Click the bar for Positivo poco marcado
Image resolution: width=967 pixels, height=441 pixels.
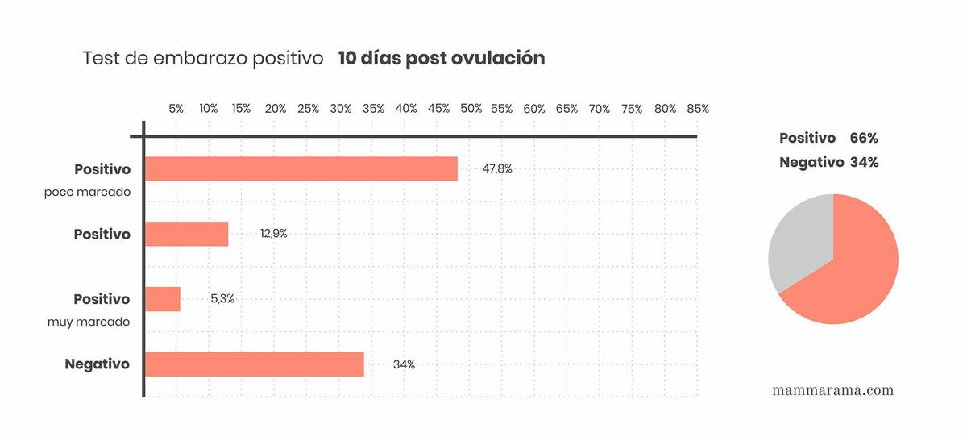point(301,169)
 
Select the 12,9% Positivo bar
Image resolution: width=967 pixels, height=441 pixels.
point(186,234)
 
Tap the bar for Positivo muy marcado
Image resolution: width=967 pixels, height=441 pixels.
point(162,299)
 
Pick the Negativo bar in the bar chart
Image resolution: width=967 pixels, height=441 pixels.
point(254,364)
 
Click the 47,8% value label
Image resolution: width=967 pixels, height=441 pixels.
point(496,169)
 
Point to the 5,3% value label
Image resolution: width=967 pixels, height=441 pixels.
point(222,298)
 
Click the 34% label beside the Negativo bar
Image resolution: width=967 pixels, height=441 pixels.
point(404,364)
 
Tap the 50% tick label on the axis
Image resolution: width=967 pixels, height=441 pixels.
point(471,109)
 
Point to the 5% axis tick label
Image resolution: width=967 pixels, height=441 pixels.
point(176,109)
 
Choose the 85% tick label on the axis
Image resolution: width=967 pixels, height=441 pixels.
point(698,109)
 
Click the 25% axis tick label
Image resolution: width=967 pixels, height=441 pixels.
point(308,109)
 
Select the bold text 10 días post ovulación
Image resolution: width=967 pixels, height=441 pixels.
point(442,59)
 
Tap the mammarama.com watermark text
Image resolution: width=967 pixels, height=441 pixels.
point(832,390)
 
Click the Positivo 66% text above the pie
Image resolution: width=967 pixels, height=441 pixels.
point(828,138)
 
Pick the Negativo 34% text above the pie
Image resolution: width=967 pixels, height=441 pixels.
point(828,162)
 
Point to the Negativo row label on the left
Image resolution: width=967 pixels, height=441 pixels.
point(98,364)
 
